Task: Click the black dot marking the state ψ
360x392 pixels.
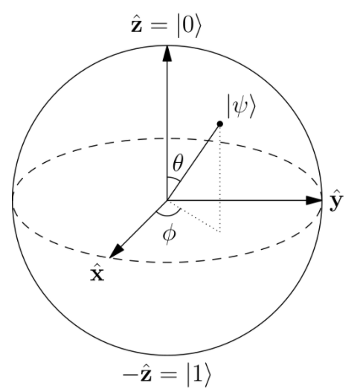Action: click(x=220, y=123)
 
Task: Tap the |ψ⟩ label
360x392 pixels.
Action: click(x=241, y=106)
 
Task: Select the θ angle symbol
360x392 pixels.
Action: click(x=178, y=162)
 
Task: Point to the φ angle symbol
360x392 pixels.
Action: click(x=170, y=234)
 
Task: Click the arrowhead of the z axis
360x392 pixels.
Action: click(x=167, y=53)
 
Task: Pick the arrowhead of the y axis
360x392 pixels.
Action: click(x=314, y=200)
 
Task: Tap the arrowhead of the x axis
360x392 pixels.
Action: click(x=116, y=251)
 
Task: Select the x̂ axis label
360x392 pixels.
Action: click(x=97, y=273)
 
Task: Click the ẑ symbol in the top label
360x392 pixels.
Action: click(x=137, y=25)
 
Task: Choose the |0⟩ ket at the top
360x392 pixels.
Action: click(x=189, y=26)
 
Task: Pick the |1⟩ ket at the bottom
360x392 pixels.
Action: click(x=199, y=376)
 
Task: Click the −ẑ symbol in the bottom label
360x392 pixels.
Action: click(x=137, y=375)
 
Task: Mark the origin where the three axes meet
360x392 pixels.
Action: click(x=167, y=200)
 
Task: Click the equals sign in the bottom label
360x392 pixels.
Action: click(x=170, y=375)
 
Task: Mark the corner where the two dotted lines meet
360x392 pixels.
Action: click(x=220, y=232)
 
